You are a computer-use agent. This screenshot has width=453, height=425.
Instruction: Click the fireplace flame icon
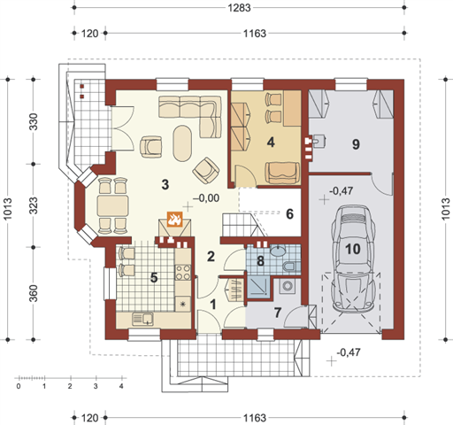(174, 220)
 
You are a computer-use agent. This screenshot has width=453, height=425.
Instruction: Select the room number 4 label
(271, 143)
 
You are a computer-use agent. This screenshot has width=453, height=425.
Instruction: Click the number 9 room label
(356, 144)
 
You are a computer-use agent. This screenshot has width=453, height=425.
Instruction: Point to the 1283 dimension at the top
(239, 8)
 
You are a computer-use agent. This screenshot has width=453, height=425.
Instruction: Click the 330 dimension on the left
(34, 121)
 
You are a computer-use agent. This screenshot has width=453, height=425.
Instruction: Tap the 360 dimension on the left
(34, 293)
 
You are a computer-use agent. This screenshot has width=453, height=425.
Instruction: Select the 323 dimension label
(34, 205)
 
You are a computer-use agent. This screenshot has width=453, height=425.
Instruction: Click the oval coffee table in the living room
(182, 143)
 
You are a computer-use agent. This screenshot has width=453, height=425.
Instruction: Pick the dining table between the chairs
(113, 205)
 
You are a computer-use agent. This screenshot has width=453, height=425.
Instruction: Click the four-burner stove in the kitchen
(183, 273)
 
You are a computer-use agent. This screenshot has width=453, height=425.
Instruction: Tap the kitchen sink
(142, 319)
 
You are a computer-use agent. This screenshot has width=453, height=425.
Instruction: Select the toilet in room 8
(290, 267)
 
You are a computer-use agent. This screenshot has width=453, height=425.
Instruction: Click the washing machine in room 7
(287, 286)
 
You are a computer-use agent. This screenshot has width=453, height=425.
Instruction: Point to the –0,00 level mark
(206, 198)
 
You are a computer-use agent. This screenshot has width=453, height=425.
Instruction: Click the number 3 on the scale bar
(96, 386)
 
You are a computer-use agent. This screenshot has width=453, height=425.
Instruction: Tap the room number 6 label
(290, 214)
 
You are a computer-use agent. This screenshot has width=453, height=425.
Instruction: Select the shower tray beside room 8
(258, 286)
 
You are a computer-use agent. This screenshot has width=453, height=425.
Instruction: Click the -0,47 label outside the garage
(349, 352)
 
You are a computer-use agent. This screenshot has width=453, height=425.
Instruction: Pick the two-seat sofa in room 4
(282, 173)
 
